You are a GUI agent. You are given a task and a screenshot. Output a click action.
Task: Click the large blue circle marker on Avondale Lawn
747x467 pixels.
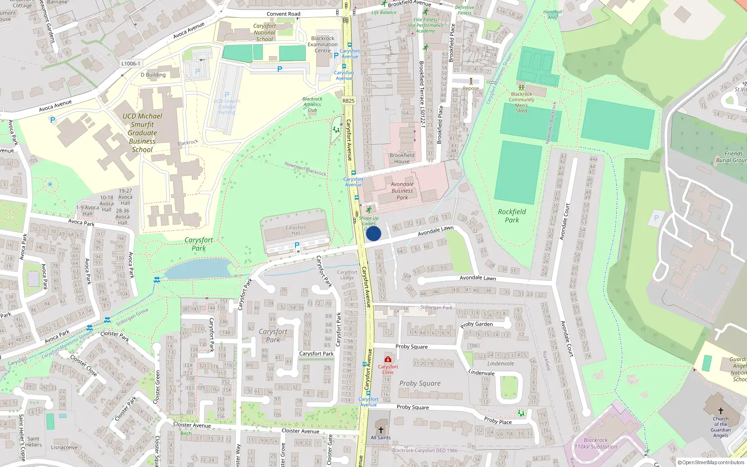373,233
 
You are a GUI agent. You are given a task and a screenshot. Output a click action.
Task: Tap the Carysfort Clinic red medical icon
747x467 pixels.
388,359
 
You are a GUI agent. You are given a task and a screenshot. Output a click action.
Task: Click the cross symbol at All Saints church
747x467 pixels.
381,430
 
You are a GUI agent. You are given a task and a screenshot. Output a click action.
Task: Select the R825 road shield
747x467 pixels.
348,100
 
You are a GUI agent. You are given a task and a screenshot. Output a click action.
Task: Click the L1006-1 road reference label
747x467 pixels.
130,64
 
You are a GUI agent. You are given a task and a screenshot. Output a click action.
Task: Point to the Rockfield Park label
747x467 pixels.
512,216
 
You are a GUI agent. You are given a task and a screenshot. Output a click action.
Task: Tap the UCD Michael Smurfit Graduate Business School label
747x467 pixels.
142,133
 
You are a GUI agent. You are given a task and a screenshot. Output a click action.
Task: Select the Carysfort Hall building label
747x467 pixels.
296,230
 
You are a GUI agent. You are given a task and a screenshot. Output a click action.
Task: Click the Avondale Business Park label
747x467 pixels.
402,191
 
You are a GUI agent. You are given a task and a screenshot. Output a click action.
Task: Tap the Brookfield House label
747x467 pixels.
402,158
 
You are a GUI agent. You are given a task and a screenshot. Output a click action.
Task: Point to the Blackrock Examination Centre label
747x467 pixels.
323,44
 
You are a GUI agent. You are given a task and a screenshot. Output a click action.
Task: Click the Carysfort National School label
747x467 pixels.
264,33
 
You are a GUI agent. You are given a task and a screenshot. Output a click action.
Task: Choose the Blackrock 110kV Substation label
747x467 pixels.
596,443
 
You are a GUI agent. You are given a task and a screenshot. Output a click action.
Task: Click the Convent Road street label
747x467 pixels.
283,14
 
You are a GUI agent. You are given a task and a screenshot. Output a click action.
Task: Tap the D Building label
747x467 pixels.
153,75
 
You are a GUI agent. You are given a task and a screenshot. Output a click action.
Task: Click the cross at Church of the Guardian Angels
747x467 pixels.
720,411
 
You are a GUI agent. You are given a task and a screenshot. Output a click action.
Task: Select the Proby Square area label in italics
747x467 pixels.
420,383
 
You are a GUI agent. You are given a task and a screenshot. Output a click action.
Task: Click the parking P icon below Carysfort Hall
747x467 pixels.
296,245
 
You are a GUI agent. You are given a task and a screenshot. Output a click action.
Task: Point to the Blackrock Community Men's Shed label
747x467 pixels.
521,102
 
